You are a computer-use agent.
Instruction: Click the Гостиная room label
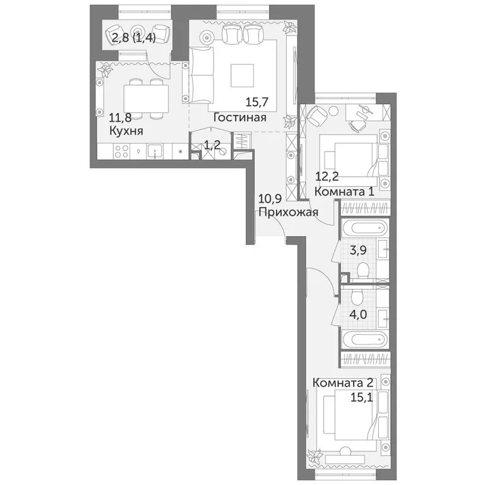click(239, 117)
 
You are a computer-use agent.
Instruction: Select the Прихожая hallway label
click(287, 212)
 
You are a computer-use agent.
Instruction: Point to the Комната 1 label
click(344, 191)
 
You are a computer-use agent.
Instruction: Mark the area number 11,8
click(121, 117)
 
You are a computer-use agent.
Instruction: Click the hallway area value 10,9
click(270, 199)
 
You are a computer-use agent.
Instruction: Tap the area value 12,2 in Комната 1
click(326, 178)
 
